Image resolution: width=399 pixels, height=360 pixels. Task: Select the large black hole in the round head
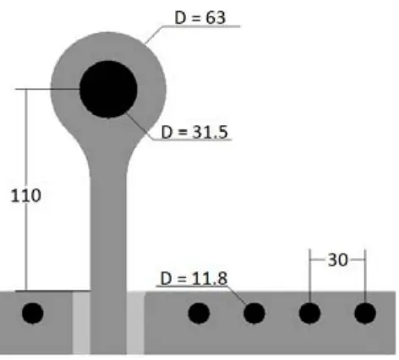pyautogui.click(x=108, y=89)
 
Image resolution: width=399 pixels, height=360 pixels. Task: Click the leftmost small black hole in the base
pyautogui.click(x=32, y=314)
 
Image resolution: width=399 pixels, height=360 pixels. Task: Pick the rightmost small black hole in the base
pyautogui.click(x=364, y=314)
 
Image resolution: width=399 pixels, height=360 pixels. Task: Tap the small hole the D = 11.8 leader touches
pyautogui.click(x=254, y=314)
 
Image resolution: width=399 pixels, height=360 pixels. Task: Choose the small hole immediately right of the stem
pyautogui.click(x=199, y=314)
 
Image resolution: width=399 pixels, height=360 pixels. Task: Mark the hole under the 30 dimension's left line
pyautogui.click(x=309, y=314)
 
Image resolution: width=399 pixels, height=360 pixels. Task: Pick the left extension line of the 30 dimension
pyautogui.click(x=309, y=275)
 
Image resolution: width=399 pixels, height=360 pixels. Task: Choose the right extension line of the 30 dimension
pyautogui.click(x=364, y=275)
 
